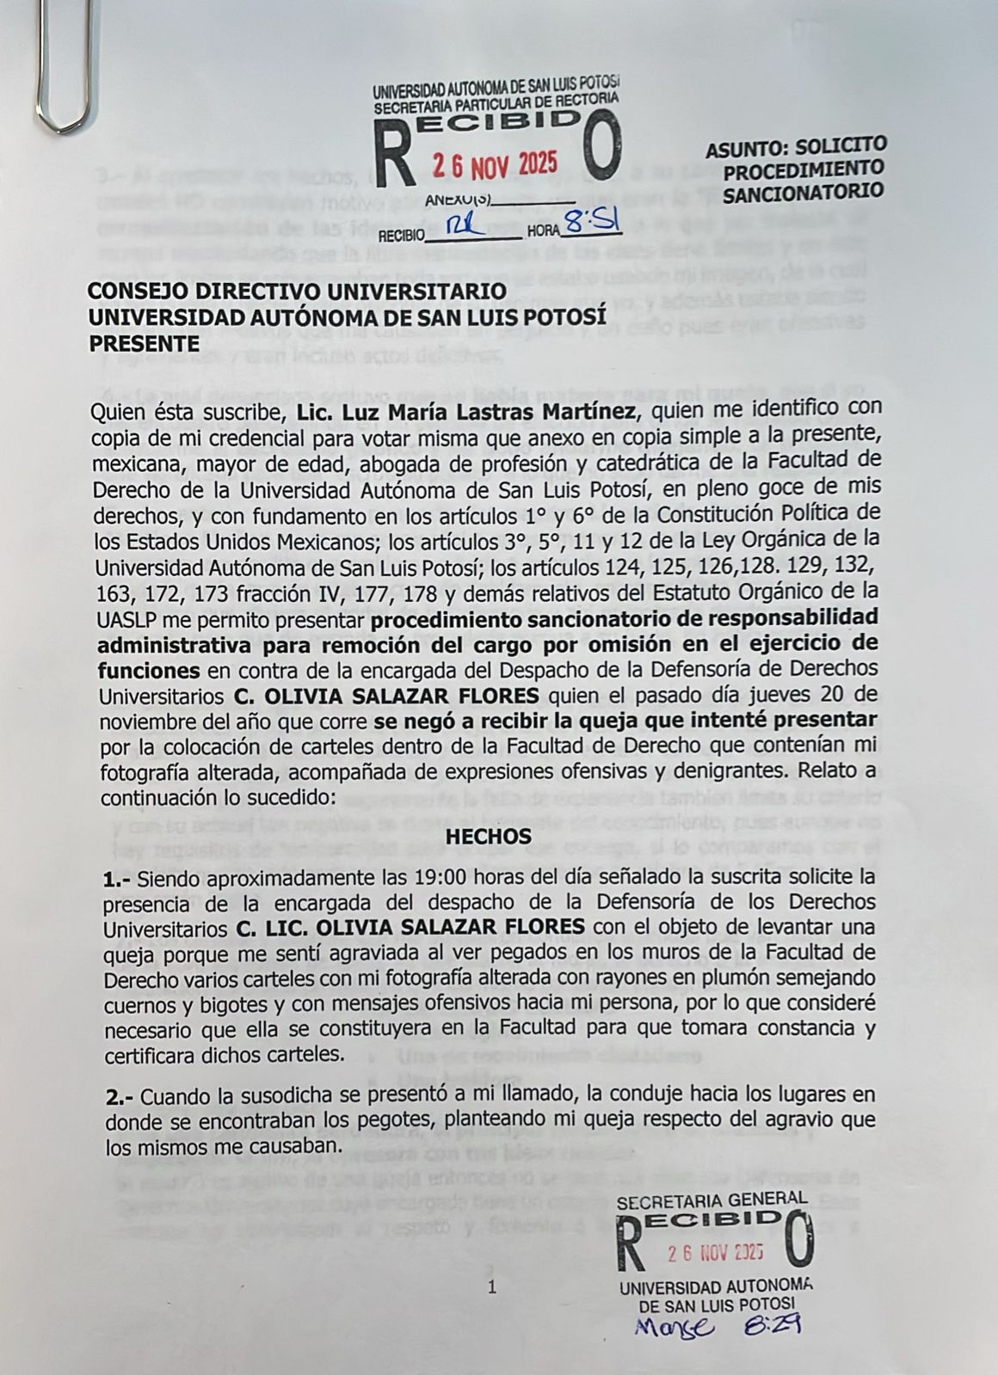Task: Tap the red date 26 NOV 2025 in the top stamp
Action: (494, 163)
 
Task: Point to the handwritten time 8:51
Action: (592, 224)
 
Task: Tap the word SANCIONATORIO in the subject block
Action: (804, 192)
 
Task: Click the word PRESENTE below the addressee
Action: (144, 343)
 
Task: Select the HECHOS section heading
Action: (490, 835)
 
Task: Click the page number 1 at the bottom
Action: (492, 1287)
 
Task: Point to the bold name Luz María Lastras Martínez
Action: (466, 411)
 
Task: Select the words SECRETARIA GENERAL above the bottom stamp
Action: (712, 1199)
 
